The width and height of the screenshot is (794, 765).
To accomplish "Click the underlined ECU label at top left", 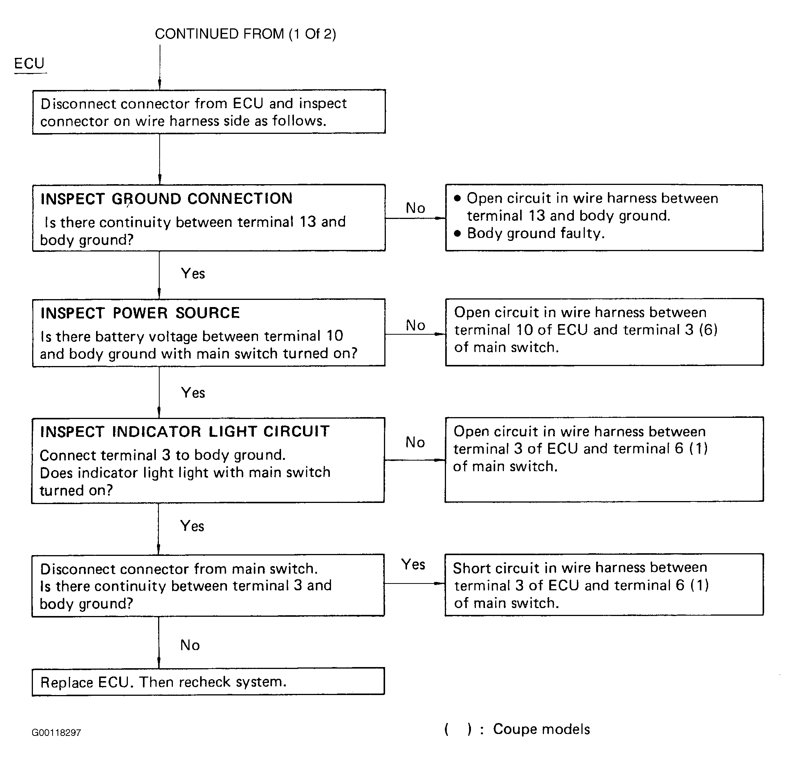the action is click(x=29, y=64).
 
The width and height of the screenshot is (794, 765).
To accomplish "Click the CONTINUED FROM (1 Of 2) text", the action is click(x=246, y=34).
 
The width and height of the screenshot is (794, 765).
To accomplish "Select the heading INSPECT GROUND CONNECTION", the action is click(x=166, y=199).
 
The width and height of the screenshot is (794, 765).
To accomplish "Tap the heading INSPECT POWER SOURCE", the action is click(x=140, y=313).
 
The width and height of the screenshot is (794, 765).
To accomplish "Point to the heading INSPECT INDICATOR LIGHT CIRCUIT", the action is click(x=185, y=432).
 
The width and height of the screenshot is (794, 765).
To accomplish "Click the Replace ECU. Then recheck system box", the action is click(x=208, y=682).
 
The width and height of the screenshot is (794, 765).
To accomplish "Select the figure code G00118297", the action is click(x=56, y=732).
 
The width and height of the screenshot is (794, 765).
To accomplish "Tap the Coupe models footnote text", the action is click(x=541, y=729).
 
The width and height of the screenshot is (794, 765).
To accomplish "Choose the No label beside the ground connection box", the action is click(x=415, y=208).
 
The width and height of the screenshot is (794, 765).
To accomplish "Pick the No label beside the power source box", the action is click(x=415, y=325).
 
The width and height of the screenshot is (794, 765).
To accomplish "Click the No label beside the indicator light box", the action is click(x=415, y=442).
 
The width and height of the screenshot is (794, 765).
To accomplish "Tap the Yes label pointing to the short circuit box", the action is click(x=413, y=564).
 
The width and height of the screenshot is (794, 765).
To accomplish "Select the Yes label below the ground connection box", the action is click(x=193, y=273).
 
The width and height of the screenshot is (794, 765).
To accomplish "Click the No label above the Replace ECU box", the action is click(x=190, y=645).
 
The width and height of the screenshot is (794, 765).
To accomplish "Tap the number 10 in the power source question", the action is click(x=335, y=336).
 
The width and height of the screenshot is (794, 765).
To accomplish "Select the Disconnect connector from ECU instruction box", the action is click(x=209, y=112).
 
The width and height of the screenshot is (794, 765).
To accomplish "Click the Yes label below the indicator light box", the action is click(x=192, y=526).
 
